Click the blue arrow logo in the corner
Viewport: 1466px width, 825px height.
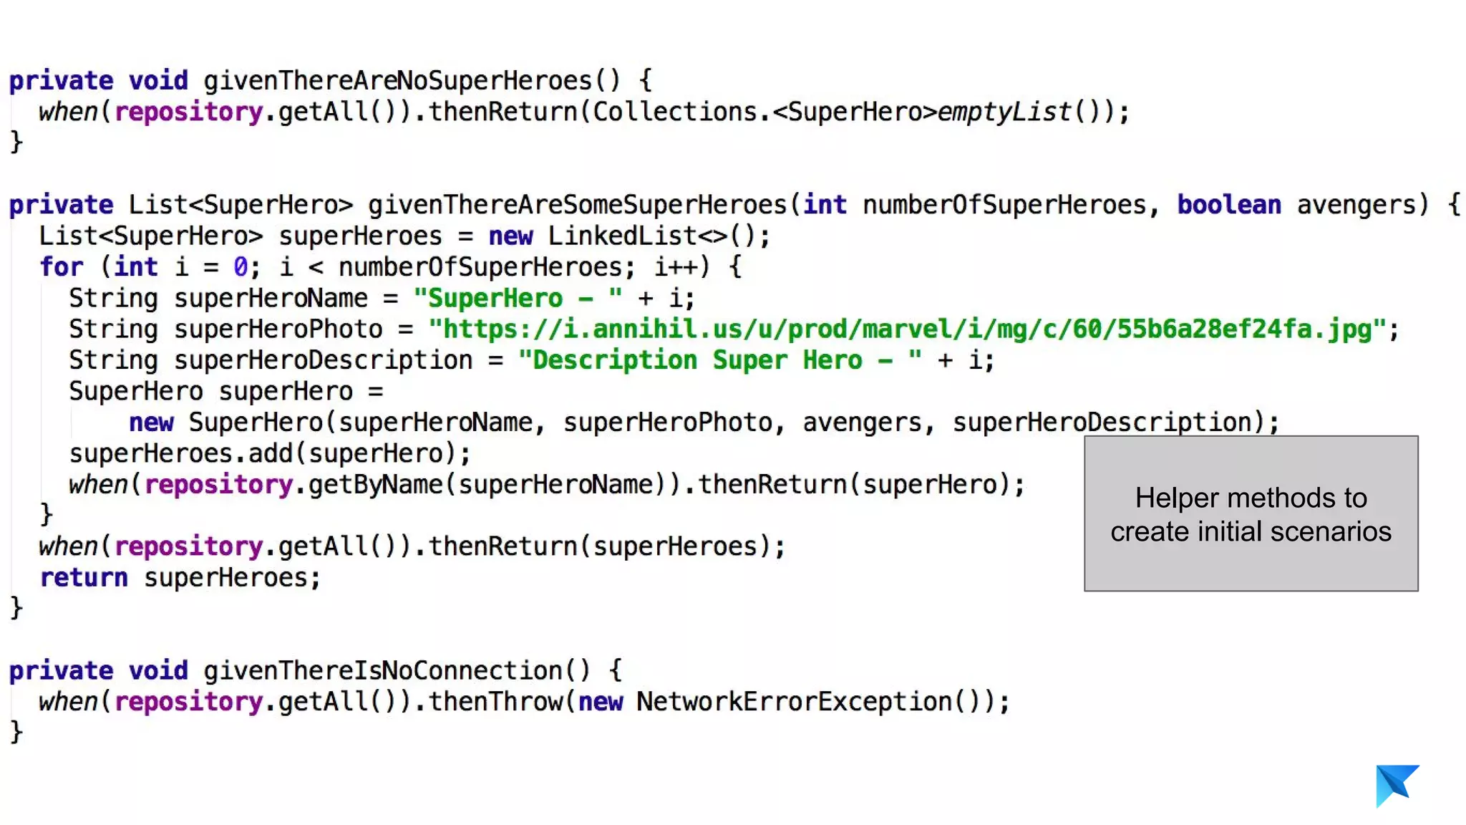(1396, 785)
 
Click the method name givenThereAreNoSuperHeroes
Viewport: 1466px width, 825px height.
(397, 81)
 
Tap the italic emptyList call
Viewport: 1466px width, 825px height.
(1004, 112)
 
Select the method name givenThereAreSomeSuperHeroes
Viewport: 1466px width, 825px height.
(577, 206)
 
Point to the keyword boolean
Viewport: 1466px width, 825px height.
(1228, 206)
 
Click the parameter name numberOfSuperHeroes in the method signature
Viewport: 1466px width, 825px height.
(1004, 206)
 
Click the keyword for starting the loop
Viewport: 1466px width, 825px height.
(62, 267)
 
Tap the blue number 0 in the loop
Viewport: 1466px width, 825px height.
(241, 267)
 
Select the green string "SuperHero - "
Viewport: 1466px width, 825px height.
(518, 299)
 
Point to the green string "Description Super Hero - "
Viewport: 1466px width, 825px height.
(719, 360)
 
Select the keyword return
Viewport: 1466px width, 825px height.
(84, 578)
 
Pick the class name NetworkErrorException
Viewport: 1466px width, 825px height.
(794, 702)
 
